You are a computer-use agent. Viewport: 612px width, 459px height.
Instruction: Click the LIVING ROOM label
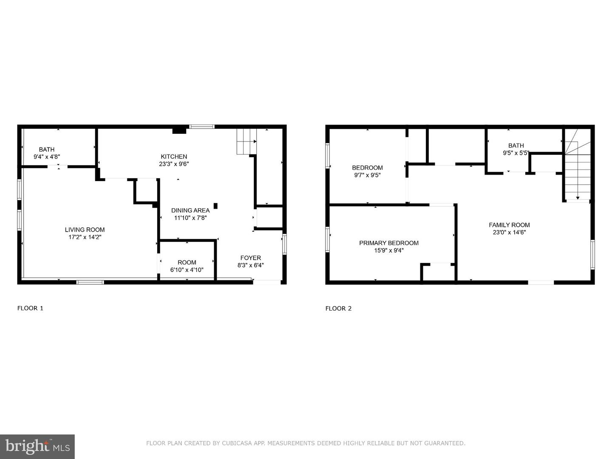pos(85,229)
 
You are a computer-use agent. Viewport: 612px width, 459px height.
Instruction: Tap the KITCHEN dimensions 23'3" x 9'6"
pos(174,164)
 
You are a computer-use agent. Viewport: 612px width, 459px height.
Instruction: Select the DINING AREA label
pos(190,210)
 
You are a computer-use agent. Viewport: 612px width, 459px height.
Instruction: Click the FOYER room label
pos(250,258)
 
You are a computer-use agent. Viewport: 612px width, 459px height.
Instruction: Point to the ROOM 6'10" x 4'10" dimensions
pos(187,270)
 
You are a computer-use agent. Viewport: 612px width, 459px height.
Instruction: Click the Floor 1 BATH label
pos(47,149)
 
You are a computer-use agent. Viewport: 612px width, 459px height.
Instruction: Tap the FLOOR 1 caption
pos(30,308)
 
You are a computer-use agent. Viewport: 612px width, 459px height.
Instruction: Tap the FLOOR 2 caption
pos(338,309)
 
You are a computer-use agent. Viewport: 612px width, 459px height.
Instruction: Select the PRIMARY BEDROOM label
pos(388,243)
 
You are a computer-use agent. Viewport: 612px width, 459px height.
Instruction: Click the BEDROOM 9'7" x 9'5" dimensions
pos(367,175)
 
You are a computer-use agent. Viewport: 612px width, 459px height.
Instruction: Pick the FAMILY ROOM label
pos(509,225)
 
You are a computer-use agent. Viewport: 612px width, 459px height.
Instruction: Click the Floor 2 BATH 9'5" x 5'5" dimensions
pos(516,153)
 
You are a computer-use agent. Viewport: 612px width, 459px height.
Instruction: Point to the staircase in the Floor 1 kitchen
pos(247,141)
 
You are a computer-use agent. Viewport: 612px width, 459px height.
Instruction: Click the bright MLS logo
pos(37,446)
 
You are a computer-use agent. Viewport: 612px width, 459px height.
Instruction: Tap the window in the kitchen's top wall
pos(201,126)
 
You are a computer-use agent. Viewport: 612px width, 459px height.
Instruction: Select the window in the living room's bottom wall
pos(90,282)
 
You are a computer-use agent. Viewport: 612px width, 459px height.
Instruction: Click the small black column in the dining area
pos(215,206)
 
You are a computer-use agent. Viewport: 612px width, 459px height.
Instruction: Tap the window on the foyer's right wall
pos(284,244)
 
